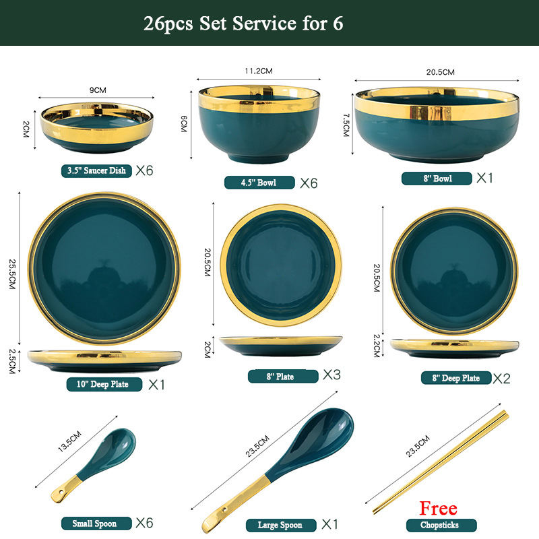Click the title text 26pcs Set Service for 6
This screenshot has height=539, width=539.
pos(243,23)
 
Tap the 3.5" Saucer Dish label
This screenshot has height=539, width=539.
pos(96,171)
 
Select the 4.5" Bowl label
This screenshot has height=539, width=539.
pos(259,183)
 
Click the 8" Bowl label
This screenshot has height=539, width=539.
pos(437,179)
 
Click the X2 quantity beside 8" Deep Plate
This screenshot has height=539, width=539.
pos(501,378)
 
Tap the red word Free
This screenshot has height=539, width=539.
pos(438,508)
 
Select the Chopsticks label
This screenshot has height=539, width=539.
pos(441,525)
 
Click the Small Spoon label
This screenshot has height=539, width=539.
pos(94,524)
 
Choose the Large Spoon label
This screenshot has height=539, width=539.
pos(280,525)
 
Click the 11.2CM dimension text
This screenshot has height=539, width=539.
pos(258,70)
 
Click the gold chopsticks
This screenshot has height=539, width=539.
pos(438,462)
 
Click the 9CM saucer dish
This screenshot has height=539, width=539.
pos(96,127)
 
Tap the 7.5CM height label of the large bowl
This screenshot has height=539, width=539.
pos(345,125)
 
